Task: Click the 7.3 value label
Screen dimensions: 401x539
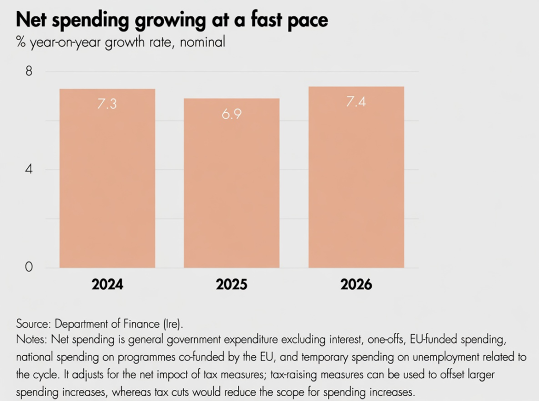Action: (x=107, y=104)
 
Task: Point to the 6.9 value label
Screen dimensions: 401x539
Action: (x=231, y=114)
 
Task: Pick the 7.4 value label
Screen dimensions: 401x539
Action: (x=356, y=102)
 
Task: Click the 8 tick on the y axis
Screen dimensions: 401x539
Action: (x=29, y=72)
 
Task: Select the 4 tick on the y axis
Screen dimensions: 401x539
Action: (x=29, y=170)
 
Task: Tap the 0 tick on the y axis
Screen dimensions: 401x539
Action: (x=29, y=268)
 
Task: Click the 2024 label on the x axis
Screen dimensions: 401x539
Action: (x=107, y=285)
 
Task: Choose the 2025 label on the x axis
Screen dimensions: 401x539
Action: (x=232, y=285)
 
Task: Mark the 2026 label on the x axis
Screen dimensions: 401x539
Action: (x=356, y=285)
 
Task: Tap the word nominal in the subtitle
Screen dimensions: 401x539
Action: (x=202, y=42)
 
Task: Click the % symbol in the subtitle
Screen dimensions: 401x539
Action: (x=21, y=42)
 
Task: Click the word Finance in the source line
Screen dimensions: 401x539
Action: (x=153, y=324)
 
